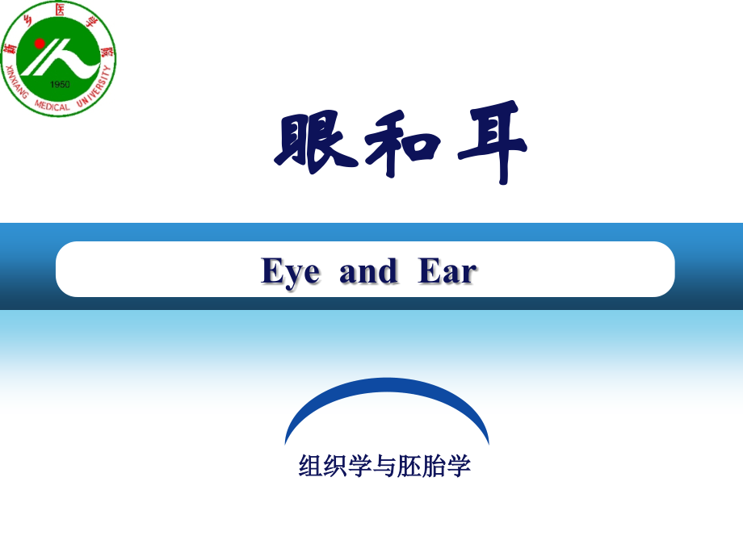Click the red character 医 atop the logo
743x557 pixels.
pyautogui.click(x=59, y=9)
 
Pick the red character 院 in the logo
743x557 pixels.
pyautogui.click(x=105, y=51)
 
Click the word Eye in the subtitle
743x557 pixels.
pyautogui.click(x=290, y=272)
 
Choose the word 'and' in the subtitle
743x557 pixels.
pyautogui.click(x=368, y=272)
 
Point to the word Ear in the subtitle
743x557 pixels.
pyautogui.click(x=447, y=272)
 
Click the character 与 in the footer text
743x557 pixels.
pyautogui.click(x=384, y=466)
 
